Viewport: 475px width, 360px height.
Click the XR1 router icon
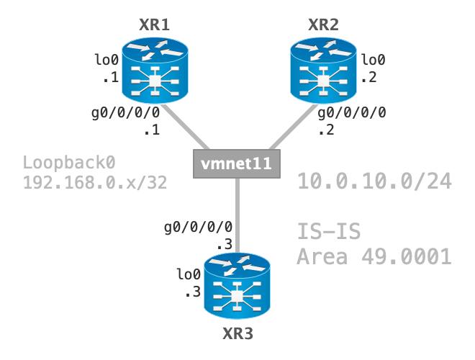tap(155, 70)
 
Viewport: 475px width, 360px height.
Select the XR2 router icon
tap(324, 70)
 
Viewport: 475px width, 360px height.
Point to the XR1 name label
tap(154, 25)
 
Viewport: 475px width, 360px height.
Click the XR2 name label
tap(324, 25)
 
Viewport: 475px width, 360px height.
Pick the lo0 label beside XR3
tap(189, 274)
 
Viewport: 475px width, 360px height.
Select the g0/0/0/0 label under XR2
tap(352, 112)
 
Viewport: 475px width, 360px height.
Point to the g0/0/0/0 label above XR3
tap(198, 227)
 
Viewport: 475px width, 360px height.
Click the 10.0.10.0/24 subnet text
tap(374, 181)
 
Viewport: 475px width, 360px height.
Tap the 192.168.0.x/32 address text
tap(95, 183)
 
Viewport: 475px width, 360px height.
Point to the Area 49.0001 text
tap(374, 256)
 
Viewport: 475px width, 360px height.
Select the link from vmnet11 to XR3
tap(237, 209)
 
